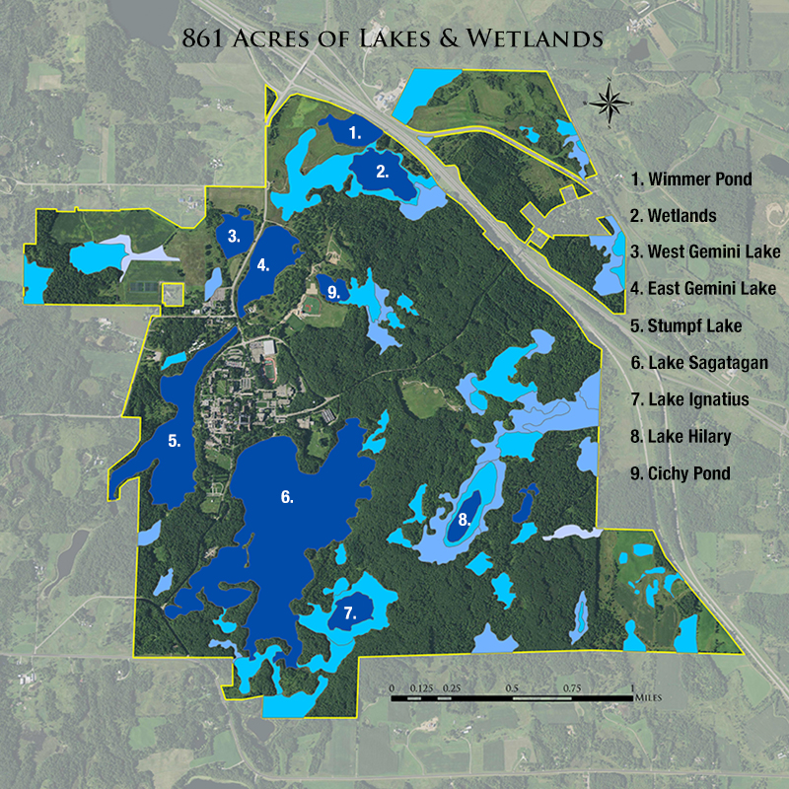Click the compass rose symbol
610,101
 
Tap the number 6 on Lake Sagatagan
287,497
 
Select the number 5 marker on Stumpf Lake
175,442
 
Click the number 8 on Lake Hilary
464,519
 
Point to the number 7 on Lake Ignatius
349,612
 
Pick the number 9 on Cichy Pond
333,292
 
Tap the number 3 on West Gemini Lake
234,237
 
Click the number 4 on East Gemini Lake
262,264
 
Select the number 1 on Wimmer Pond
356,131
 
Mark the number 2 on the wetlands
382,170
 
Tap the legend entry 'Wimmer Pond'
691,179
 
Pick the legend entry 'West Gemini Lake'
705,251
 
